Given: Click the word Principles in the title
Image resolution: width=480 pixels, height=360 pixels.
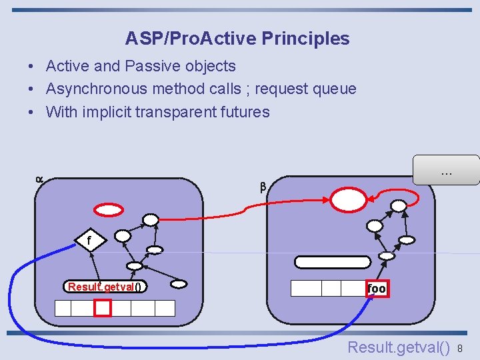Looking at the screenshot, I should (305, 39).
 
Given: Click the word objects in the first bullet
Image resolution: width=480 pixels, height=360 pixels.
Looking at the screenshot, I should (211, 66).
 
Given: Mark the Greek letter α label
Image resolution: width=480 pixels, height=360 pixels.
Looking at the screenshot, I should (39, 179).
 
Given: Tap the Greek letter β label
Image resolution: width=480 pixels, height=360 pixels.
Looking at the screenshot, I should (263, 187).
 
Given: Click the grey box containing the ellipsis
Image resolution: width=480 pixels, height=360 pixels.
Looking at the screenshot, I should (446, 170).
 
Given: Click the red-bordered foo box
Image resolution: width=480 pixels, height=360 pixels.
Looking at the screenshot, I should (376, 288).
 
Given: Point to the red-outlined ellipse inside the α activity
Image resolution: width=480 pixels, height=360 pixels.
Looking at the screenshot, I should (109, 209).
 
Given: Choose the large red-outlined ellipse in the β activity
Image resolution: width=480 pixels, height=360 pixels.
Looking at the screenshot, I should (349, 199).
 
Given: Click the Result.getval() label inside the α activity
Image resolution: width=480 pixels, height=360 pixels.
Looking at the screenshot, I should (105, 287).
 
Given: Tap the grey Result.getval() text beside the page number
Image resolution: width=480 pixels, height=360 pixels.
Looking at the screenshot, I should (399, 347).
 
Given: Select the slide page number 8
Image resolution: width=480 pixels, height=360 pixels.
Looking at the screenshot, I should (460, 348).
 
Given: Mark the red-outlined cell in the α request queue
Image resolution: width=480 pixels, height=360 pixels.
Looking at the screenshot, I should (103, 307).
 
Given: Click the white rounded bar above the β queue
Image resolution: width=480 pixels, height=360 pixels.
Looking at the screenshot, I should (332, 262).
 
